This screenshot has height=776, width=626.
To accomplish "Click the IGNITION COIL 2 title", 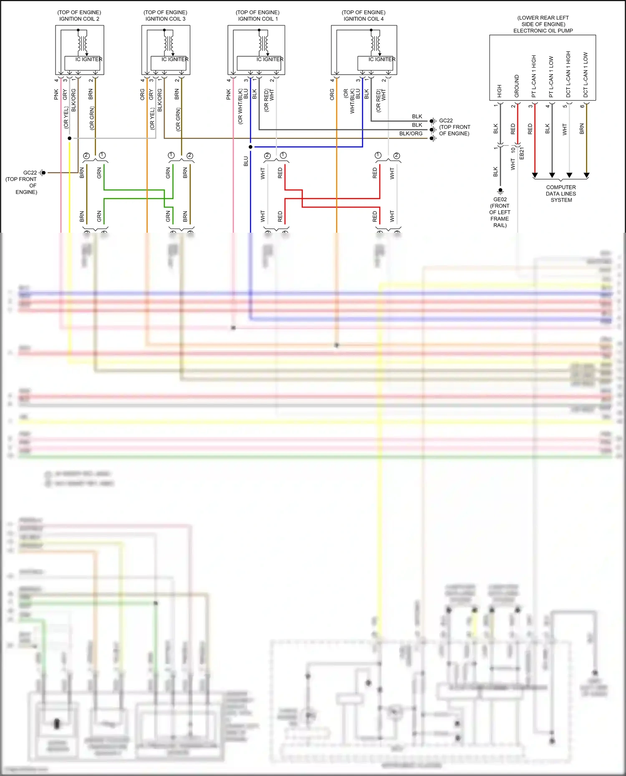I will point(79,19).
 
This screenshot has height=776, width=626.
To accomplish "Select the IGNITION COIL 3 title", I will point(165,19).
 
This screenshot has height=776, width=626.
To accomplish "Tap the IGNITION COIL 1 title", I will point(257,19).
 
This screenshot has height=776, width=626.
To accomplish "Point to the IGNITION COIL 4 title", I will point(363,19).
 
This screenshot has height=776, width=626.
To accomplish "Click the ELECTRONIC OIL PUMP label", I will point(543,30).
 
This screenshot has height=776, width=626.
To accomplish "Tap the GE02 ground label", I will point(500,199).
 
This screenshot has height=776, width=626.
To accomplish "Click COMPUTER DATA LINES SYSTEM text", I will point(561,193).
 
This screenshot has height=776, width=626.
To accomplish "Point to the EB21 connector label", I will point(522,153).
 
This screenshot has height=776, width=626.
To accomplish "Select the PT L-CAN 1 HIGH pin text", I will point(534,76).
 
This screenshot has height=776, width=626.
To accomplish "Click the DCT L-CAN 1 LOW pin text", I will point(586,75).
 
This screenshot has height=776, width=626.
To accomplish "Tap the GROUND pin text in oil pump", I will point(517,86).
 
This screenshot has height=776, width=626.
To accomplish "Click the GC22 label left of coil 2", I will point(30,173).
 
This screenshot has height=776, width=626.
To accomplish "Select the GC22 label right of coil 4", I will point(446,121).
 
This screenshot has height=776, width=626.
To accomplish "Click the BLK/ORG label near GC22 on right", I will point(411,133).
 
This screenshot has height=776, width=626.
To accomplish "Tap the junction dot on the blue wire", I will point(250,147).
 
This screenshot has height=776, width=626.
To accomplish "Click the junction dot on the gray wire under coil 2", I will point(70,138).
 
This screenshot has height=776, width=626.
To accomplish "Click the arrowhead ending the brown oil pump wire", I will point(586,175).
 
